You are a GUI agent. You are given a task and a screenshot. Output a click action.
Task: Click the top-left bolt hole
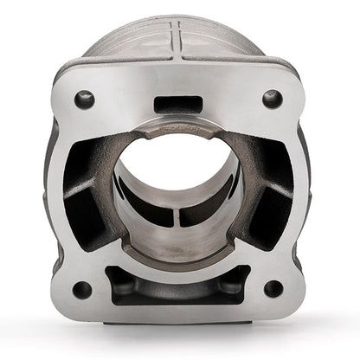click(x=85, y=99)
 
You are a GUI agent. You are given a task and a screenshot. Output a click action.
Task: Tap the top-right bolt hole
click(x=273, y=99)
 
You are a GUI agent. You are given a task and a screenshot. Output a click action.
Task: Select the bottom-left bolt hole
click(x=82, y=288)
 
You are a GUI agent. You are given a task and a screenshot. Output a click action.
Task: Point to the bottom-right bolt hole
click(x=273, y=288)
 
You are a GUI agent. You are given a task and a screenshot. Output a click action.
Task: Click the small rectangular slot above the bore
click(x=178, y=105)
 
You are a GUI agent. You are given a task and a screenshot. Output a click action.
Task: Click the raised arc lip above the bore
click(x=177, y=127)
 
